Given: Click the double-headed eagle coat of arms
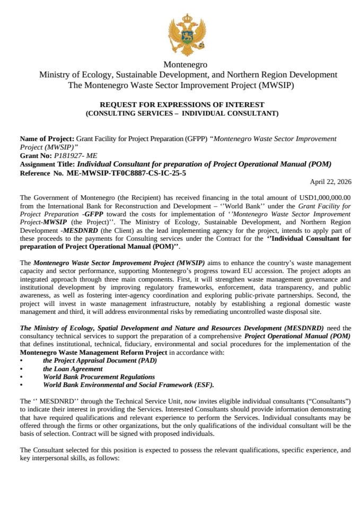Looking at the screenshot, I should (x=186, y=36).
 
